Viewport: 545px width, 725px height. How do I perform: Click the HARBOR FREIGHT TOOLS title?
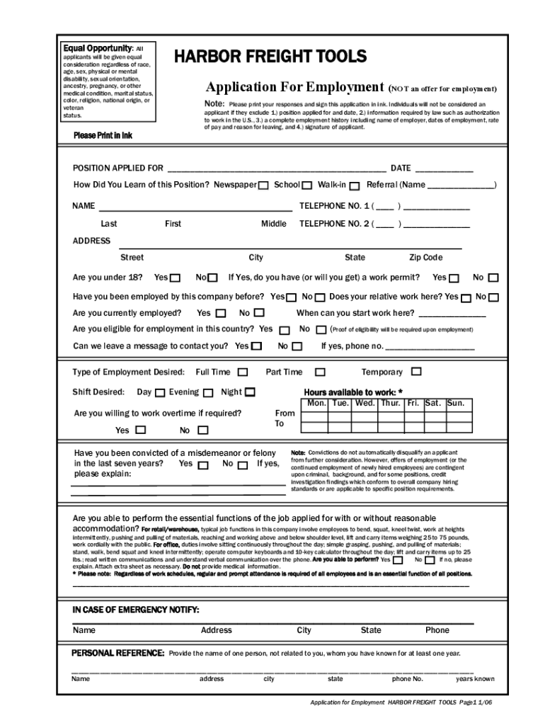[x=271, y=57]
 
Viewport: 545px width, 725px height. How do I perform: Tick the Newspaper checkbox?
[x=263, y=185]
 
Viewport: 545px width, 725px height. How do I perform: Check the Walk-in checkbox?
[x=354, y=185]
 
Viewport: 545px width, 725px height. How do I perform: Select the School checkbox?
[x=307, y=185]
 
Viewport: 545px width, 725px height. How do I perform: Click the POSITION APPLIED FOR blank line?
[x=275, y=169]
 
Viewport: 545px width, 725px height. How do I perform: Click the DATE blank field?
[x=444, y=169]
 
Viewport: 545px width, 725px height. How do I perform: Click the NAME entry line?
[x=195, y=207]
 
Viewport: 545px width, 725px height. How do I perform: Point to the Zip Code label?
[x=425, y=258]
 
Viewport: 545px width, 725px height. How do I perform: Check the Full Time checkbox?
[x=243, y=372]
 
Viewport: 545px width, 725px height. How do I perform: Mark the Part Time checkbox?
[x=320, y=372]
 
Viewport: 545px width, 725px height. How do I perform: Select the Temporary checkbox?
[x=416, y=371]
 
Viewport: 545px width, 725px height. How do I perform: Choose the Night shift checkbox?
[x=250, y=392]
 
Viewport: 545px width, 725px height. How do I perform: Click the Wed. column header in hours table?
[x=365, y=404]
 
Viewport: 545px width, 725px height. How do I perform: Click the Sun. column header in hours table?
[x=456, y=404]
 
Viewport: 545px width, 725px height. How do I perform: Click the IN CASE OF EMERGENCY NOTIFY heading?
[x=136, y=610]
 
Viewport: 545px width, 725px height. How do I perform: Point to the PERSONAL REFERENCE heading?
[x=118, y=653]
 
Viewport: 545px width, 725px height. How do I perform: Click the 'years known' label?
[x=475, y=678]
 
